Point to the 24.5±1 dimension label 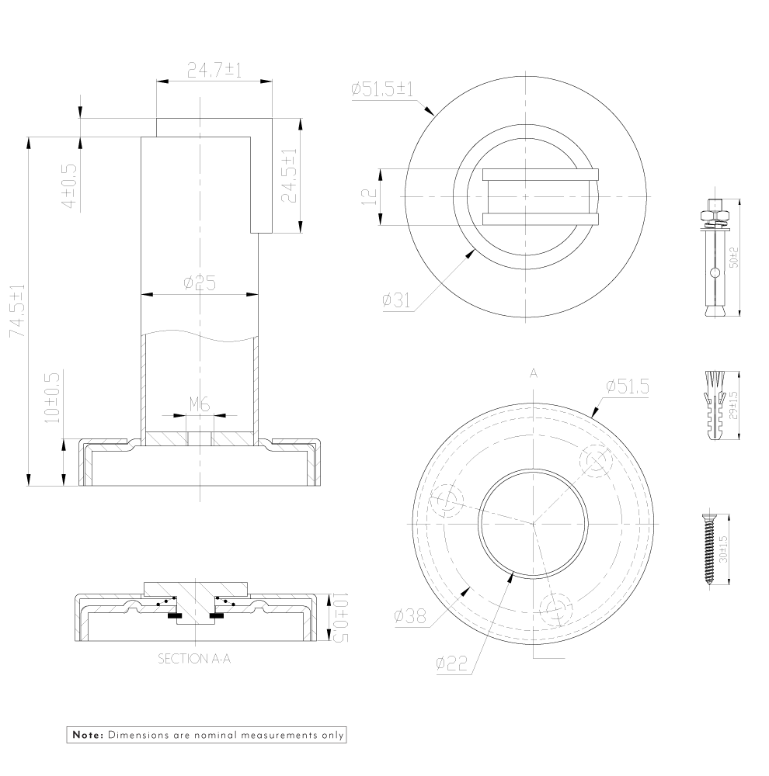click(289, 176)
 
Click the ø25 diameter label click(200, 284)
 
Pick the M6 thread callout click(200, 404)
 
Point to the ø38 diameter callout click(409, 616)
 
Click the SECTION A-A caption click(194, 659)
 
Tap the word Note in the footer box click(87, 733)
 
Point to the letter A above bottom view click(534, 373)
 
